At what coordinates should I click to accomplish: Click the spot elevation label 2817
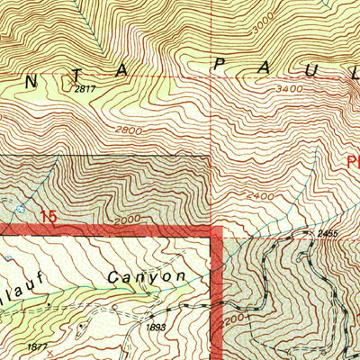(x=85, y=88)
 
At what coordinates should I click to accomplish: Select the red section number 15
(x=50, y=217)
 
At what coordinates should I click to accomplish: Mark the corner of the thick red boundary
(x=217, y=230)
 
